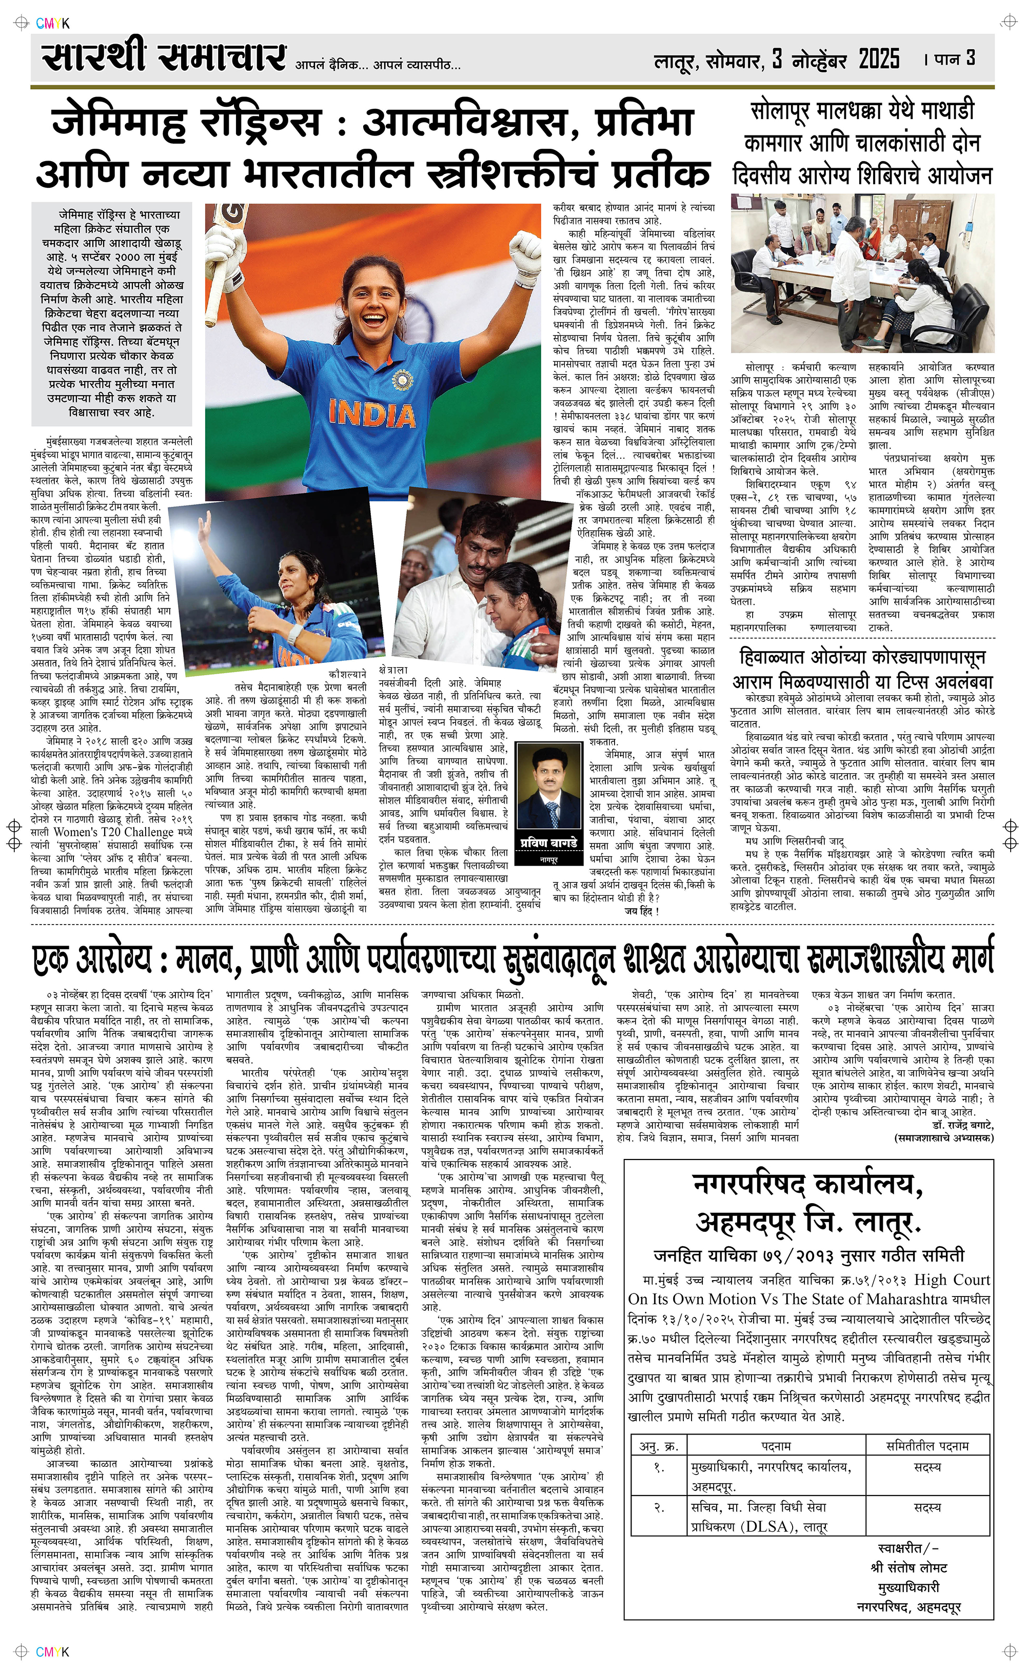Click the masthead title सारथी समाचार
point(163,57)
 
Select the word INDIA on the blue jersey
point(372,413)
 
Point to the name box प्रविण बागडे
point(548,843)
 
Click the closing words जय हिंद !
point(641,911)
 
